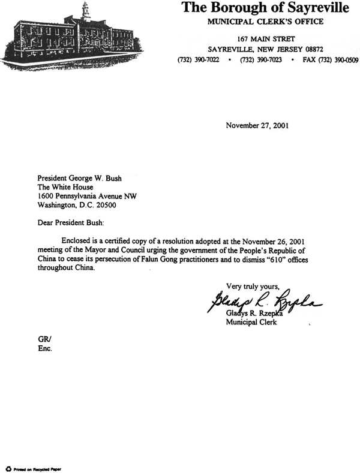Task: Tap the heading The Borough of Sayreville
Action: (265, 8)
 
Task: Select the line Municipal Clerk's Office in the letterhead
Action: (265, 22)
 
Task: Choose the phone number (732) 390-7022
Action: (198, 61)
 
